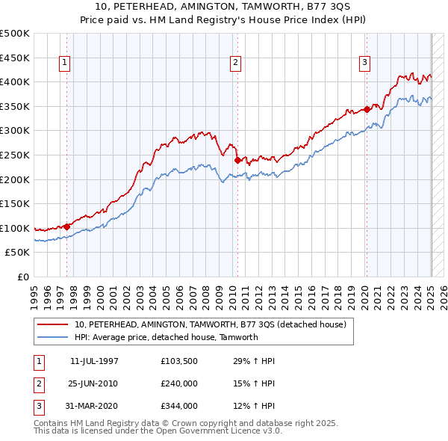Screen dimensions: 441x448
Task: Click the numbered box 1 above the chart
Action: (66, 64)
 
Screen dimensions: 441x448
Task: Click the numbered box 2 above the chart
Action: (235, 64)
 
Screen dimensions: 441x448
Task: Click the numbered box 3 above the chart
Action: (365, 64)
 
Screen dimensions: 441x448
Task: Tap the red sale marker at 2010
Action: (237, 159)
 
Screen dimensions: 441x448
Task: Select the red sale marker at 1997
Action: (66, 226)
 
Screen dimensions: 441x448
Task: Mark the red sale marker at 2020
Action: (367, 109)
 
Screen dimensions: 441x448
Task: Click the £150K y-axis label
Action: (15, 203)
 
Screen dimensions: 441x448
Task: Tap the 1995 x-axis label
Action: (34, 292)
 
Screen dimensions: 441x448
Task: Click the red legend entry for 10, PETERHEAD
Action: (210, 325)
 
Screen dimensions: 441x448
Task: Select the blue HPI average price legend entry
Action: (166, 337)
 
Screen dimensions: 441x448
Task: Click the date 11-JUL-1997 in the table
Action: (94, 361)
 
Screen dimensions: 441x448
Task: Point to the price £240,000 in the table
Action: (179, 383)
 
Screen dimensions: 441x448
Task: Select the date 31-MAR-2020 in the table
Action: (94, 406)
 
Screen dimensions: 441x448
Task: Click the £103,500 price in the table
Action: (179, 361)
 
